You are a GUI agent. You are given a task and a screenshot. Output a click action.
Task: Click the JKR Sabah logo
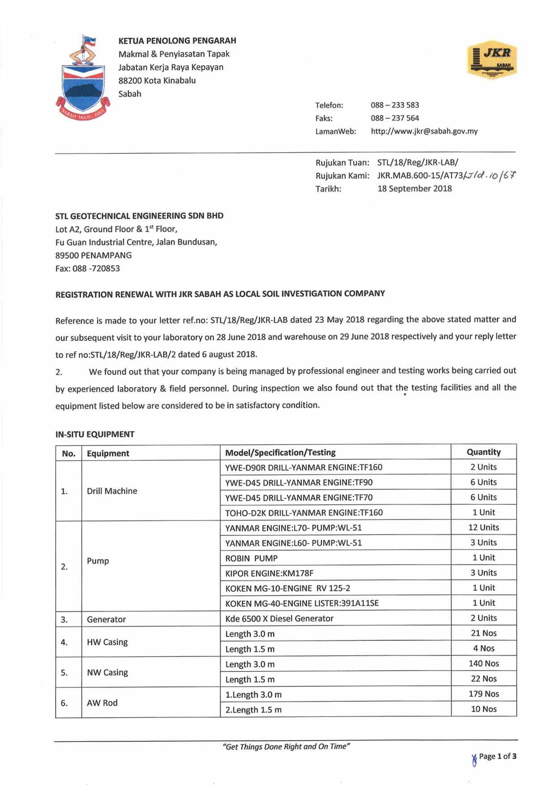click(492, 62)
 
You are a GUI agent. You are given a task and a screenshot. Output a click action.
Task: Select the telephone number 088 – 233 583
click(395, 105)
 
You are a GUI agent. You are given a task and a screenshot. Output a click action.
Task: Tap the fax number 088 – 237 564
click(395, 118)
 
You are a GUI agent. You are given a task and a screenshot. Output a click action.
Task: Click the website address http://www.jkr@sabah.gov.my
click(424, 131)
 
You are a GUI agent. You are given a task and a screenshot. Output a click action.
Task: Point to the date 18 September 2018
click(414, 188)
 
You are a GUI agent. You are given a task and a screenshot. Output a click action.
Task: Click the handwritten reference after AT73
click(490, 175)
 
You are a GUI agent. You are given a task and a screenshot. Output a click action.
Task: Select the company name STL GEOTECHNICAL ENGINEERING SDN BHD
click(139, 216)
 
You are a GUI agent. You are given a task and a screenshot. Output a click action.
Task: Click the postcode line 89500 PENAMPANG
click(94, 255)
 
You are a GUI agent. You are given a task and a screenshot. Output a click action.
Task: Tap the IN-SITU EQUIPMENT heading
click(95, 434)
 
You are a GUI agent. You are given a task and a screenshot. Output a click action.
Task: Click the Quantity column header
click(483, 452)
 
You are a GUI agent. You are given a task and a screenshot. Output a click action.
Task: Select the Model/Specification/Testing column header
click(280, 452)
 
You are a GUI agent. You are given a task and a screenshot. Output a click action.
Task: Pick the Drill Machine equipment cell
click(112, 491)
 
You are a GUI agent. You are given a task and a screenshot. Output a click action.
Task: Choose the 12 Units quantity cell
click(483, 527)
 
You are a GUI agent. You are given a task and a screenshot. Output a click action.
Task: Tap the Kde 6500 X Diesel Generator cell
click(279, 619)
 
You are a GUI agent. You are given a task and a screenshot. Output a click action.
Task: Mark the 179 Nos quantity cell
click(483, 694)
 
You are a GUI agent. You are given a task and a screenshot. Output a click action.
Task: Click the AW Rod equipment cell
click(102, 703)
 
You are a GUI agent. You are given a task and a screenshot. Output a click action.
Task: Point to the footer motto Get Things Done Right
click(286, 746)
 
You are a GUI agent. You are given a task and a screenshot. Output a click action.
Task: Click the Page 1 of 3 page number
click(497, 756)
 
